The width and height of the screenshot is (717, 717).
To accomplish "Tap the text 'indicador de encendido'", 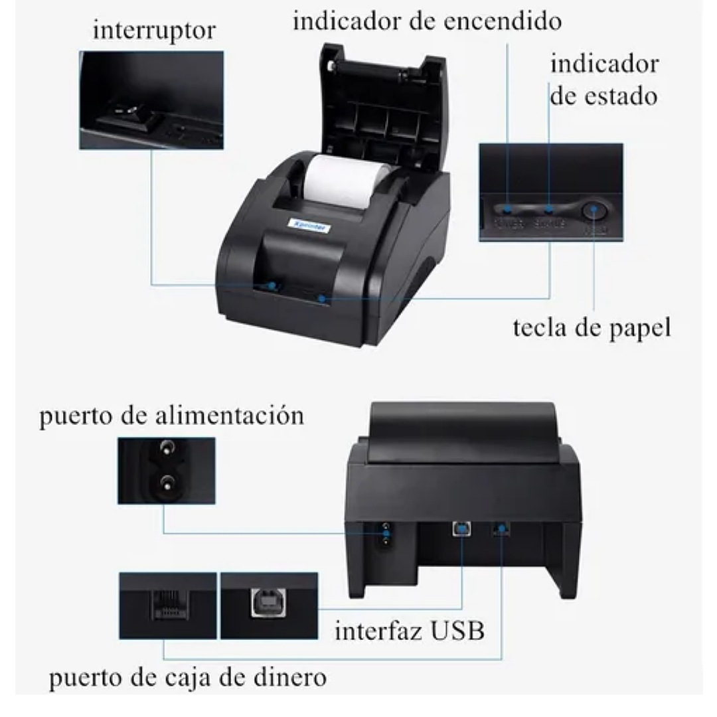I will pos(427,21).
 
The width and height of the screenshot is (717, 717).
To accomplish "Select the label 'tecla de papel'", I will pos(592,327).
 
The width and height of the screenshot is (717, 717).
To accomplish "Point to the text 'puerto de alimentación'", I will pos(171,416).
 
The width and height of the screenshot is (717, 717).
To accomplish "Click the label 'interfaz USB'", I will pos(410,630).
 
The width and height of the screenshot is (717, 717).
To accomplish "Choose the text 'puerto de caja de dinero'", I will pos(188,678).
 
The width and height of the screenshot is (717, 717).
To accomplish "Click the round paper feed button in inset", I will pos(593,212).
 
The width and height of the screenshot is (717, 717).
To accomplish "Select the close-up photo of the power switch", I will pos(151,100).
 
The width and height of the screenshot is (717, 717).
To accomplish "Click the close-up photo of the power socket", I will pos(166,470).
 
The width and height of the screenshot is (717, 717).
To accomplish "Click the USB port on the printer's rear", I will pos(459,528).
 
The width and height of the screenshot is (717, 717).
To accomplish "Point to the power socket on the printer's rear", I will pos(384,536).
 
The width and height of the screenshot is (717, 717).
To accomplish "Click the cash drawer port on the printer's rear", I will pos(500,529).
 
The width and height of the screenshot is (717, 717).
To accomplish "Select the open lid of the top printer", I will pos(382,100).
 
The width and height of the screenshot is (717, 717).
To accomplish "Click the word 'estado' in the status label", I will pos(623,96).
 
